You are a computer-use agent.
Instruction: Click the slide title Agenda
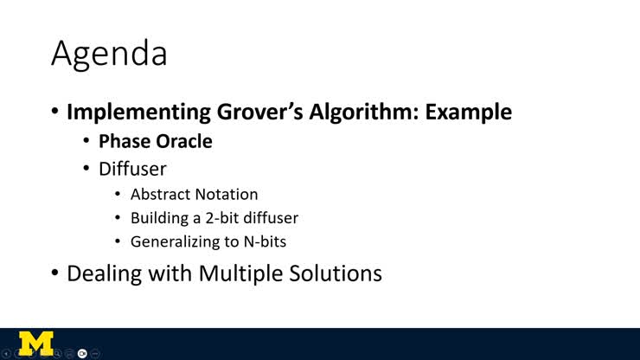coord(109,54)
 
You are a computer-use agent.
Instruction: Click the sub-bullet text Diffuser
coord(132,169)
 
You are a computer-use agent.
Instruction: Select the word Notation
coord(227,195)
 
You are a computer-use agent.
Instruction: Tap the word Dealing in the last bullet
coord(103,273)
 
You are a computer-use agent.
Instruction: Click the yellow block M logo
coord(35,343)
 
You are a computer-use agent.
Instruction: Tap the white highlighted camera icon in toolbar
coord(82,353)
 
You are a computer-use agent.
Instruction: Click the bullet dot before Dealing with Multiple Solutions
coord(54,273)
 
